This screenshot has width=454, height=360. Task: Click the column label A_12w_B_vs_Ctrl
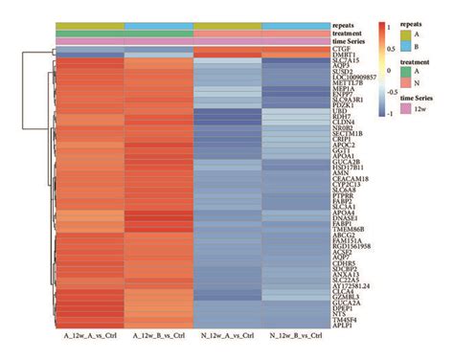pyautogui.click(x=158, y=338)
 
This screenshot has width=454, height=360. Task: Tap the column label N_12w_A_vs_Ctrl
pyautogui.click(x=227, y=338)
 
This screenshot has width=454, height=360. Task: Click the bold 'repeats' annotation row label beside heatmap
pyautogui.click(x=346, y=24)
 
